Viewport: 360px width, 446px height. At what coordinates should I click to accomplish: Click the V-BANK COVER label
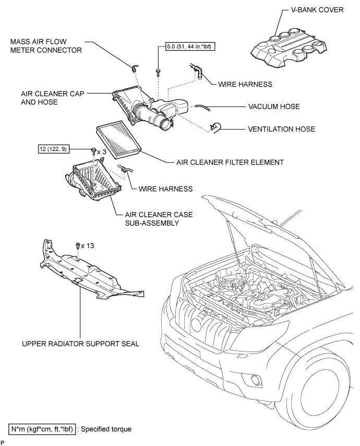pos(317,10)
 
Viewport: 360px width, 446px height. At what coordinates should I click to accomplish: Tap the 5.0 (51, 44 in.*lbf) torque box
pos(190,46)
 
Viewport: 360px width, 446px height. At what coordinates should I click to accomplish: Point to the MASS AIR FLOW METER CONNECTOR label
pos(46,46)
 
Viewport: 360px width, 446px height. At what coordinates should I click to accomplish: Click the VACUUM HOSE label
pos(274,107)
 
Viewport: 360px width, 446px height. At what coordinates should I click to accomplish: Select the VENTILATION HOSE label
pos(282,129)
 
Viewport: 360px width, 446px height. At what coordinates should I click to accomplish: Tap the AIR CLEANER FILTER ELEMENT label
pos(230,162)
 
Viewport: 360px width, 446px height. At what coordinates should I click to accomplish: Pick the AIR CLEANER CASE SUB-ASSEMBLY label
pos(159,219)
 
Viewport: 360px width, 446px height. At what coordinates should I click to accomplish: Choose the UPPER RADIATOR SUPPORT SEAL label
pos(81,344)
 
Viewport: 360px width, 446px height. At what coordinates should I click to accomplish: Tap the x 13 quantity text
pos(88,245)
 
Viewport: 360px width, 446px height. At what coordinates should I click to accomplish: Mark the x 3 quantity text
pos(102,152)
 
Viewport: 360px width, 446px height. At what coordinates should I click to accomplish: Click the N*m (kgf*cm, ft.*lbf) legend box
pos(42,429)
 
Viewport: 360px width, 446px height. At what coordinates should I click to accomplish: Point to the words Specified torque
pos(106,429)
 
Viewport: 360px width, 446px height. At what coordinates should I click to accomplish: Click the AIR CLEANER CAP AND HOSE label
pos(52,98)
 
